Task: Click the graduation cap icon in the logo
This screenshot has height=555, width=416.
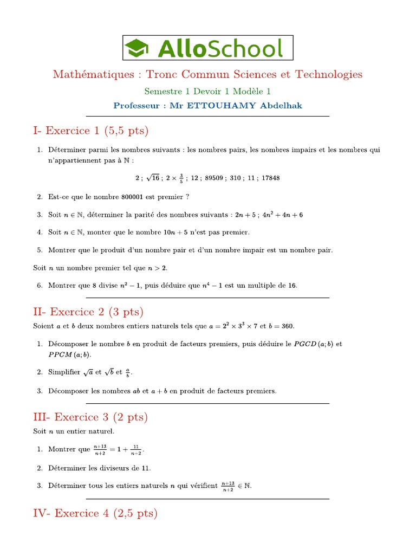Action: click(x=138, y=48)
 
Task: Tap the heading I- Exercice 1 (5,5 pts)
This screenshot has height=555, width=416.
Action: click(x=90, y=131)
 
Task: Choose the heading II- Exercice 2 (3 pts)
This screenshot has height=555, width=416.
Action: click(x=88, y=312)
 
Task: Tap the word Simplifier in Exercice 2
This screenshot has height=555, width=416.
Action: click(x=64, y=372)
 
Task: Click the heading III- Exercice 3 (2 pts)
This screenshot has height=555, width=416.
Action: click(x=90, y=417)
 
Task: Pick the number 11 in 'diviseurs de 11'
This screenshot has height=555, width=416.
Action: click(x=145, y=468)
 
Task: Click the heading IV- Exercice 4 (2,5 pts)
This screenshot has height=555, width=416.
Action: click(x=95, y=513)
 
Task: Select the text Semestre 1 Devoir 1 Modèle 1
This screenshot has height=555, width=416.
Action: click(x=207, y=91)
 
